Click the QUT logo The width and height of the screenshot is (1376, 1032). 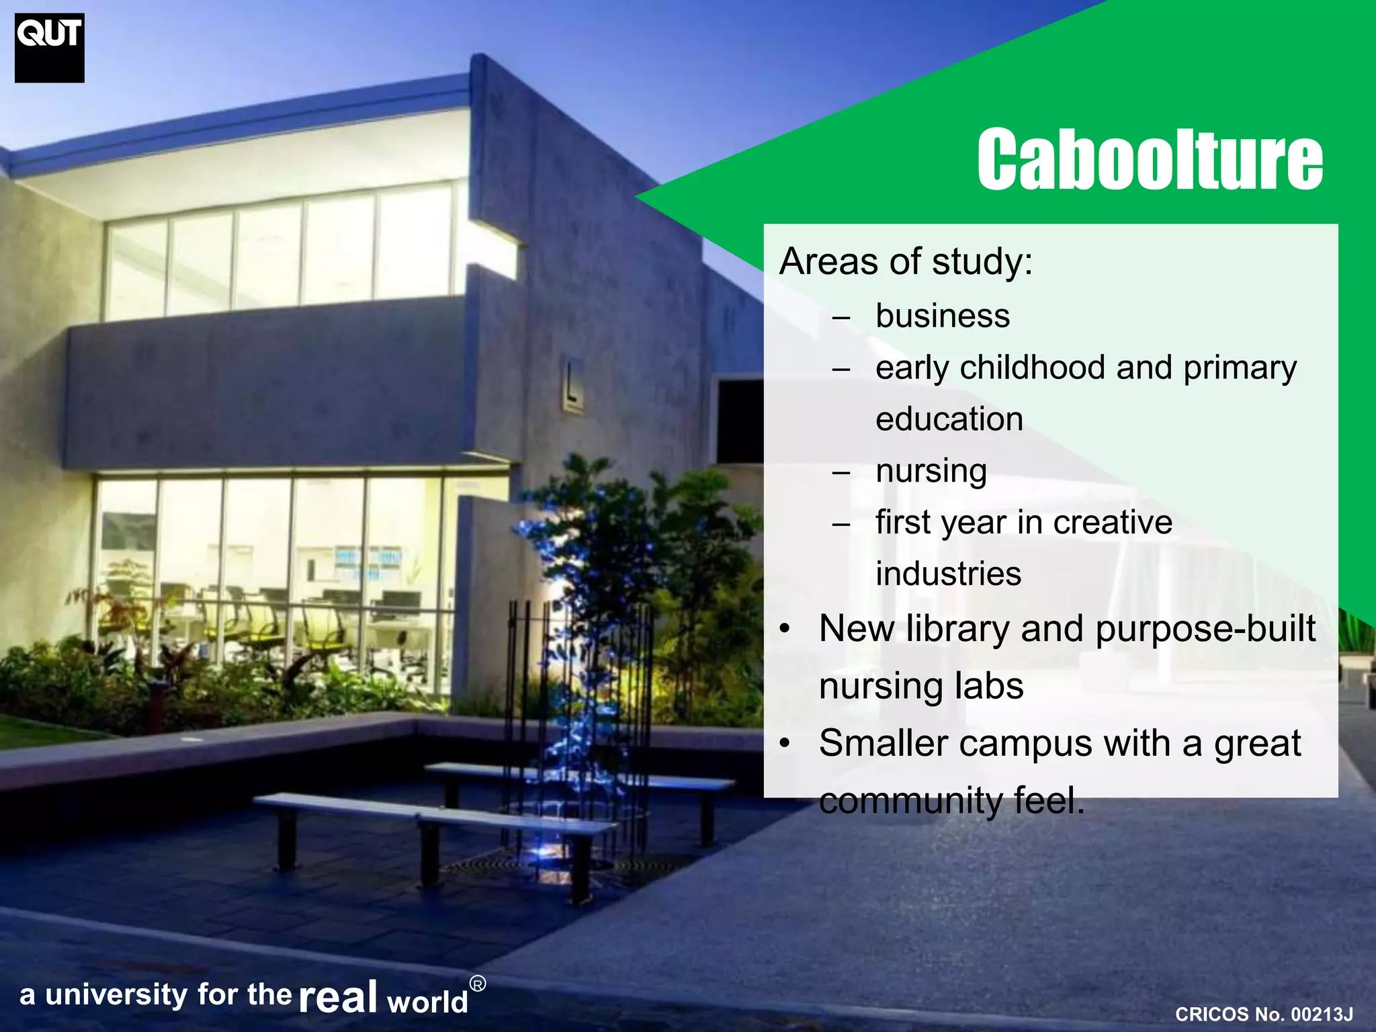50,48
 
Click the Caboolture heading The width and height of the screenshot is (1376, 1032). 1150,159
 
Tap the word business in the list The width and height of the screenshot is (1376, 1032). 943,316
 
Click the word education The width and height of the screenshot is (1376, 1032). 949,419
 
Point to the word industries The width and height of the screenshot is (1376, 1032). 948,574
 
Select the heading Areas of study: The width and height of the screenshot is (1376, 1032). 906,261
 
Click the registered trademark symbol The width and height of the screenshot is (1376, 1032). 477,984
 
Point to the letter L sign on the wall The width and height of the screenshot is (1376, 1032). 572,385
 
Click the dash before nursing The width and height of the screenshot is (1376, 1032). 841,472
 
